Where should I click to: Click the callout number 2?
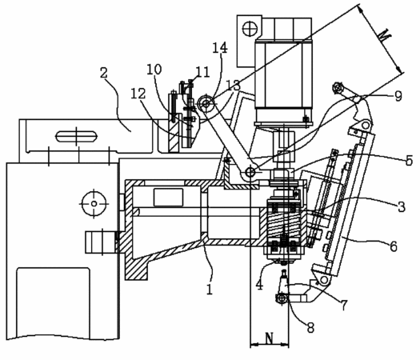[104, 72]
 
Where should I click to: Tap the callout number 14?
[220, 48]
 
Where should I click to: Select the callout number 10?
[154, 69]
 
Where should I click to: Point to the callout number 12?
[138, 94]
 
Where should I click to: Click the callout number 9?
[398, 96]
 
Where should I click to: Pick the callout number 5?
[409, 161]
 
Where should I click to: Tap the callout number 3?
[401, 206]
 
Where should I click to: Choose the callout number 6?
[393, 246]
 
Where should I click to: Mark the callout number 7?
[344, 305]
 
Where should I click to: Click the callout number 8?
[310, 327]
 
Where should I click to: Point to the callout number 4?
[259, 285]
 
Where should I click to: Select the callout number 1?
[210, 289]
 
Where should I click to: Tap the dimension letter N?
[270, 338]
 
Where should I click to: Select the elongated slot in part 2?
[76, 136]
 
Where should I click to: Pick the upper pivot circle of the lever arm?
[206, 103]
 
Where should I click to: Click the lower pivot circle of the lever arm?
[250, 172]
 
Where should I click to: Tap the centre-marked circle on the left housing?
[94, 203]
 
